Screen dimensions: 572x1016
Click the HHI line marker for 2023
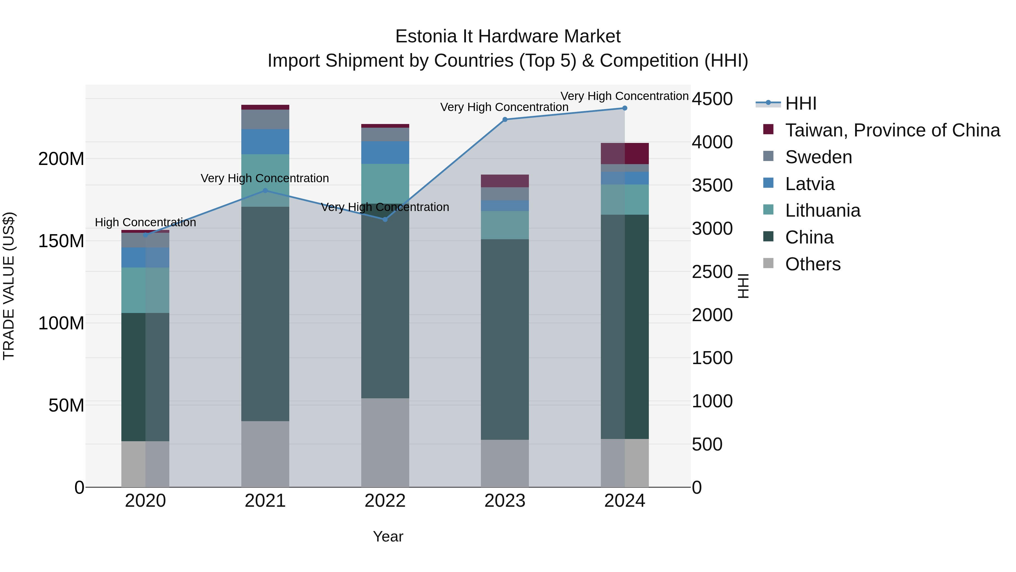point(505,119)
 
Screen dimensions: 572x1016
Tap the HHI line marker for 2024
point(625,108)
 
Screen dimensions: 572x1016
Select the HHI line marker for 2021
point(265,191)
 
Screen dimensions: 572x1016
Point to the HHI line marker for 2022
point(385,219)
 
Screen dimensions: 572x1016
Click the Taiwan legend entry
point(892,130)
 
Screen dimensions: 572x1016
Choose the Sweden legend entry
point(818,157)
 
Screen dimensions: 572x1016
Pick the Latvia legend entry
point(810,184)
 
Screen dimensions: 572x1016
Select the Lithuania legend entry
point(823,210)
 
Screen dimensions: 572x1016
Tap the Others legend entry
point(813,264)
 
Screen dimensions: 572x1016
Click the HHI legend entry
point(801,103)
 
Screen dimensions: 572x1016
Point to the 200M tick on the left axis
point(61,159)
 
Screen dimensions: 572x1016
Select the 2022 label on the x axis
point(385,501)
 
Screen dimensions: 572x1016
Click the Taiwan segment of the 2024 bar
point(625,154)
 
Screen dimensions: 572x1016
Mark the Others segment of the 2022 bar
point(385,442)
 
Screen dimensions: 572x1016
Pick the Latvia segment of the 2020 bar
point(145,257)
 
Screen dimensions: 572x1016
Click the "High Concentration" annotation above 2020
point(145,223)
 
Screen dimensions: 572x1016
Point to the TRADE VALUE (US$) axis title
point(9,286)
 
